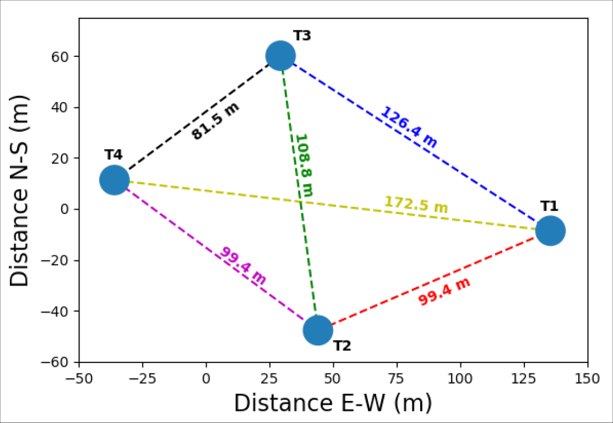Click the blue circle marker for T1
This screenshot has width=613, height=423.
[550, 230]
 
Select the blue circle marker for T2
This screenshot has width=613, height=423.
[318, 330]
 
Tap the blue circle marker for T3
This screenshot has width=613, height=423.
[280, 56]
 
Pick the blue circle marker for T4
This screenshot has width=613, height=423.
[115, 180]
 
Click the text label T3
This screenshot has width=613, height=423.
[302, 36]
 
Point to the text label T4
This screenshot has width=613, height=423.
[114, 155]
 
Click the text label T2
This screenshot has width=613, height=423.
[342, 346]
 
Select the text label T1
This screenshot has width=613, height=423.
[549, 206]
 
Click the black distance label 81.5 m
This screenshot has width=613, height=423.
[216, 121]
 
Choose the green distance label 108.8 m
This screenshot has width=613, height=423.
[303, 165]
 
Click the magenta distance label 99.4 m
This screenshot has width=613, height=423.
[243, 265]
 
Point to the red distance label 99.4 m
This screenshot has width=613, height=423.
[444, 292]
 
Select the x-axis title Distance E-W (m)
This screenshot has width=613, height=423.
[333, 403]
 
